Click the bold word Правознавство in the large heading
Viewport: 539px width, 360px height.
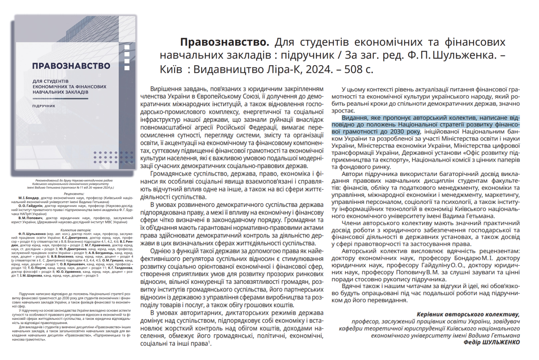[224, 43]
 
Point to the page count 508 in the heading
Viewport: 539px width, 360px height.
[350, 69]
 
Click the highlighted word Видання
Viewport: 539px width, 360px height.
[355, 118]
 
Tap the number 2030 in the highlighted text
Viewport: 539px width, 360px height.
[398, 132]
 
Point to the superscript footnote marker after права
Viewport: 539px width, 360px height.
[209, 342]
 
